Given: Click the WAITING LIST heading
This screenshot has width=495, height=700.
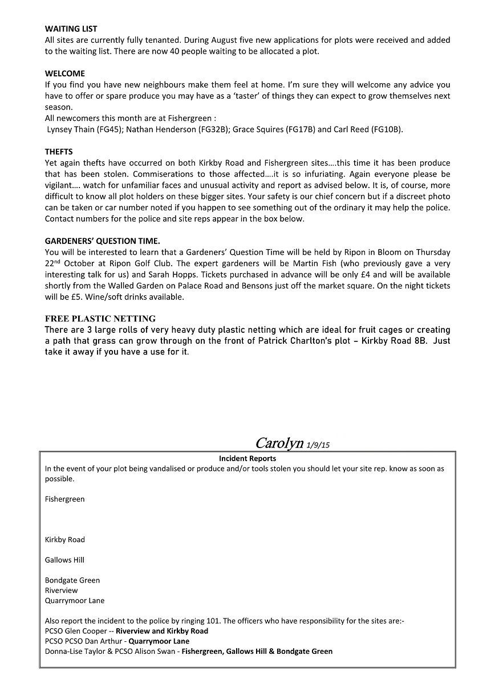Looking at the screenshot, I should tap(71, 29).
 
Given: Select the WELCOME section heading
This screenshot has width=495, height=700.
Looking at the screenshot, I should tap(64, 74).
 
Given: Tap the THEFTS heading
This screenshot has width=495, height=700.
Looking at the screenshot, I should tap(59, 152).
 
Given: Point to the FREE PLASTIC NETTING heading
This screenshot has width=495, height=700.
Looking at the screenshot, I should tap(100, 319).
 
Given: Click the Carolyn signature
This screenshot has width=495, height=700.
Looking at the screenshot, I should tap(279, 443).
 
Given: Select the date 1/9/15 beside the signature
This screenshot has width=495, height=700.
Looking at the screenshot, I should tap(318, 445).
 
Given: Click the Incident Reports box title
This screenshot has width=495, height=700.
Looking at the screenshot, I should tap(247, 458).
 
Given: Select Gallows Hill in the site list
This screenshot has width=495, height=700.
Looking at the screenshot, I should tap(64, 560).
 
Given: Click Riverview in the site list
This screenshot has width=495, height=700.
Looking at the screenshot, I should tap(61, 591).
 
